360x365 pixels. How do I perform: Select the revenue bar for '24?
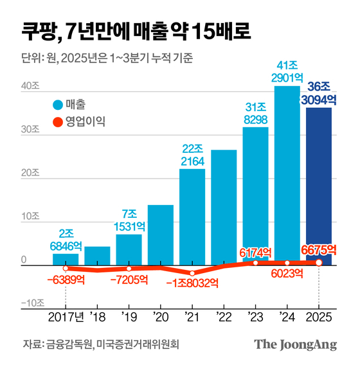click(287, 174)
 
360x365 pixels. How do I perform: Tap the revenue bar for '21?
click(192, 215)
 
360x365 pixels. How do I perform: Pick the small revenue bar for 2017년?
click(66, 259)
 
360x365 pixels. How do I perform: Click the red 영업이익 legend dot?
click(57, 120)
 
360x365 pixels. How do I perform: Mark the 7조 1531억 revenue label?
click(129, 220)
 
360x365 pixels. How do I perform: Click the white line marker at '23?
click(255, 263)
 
